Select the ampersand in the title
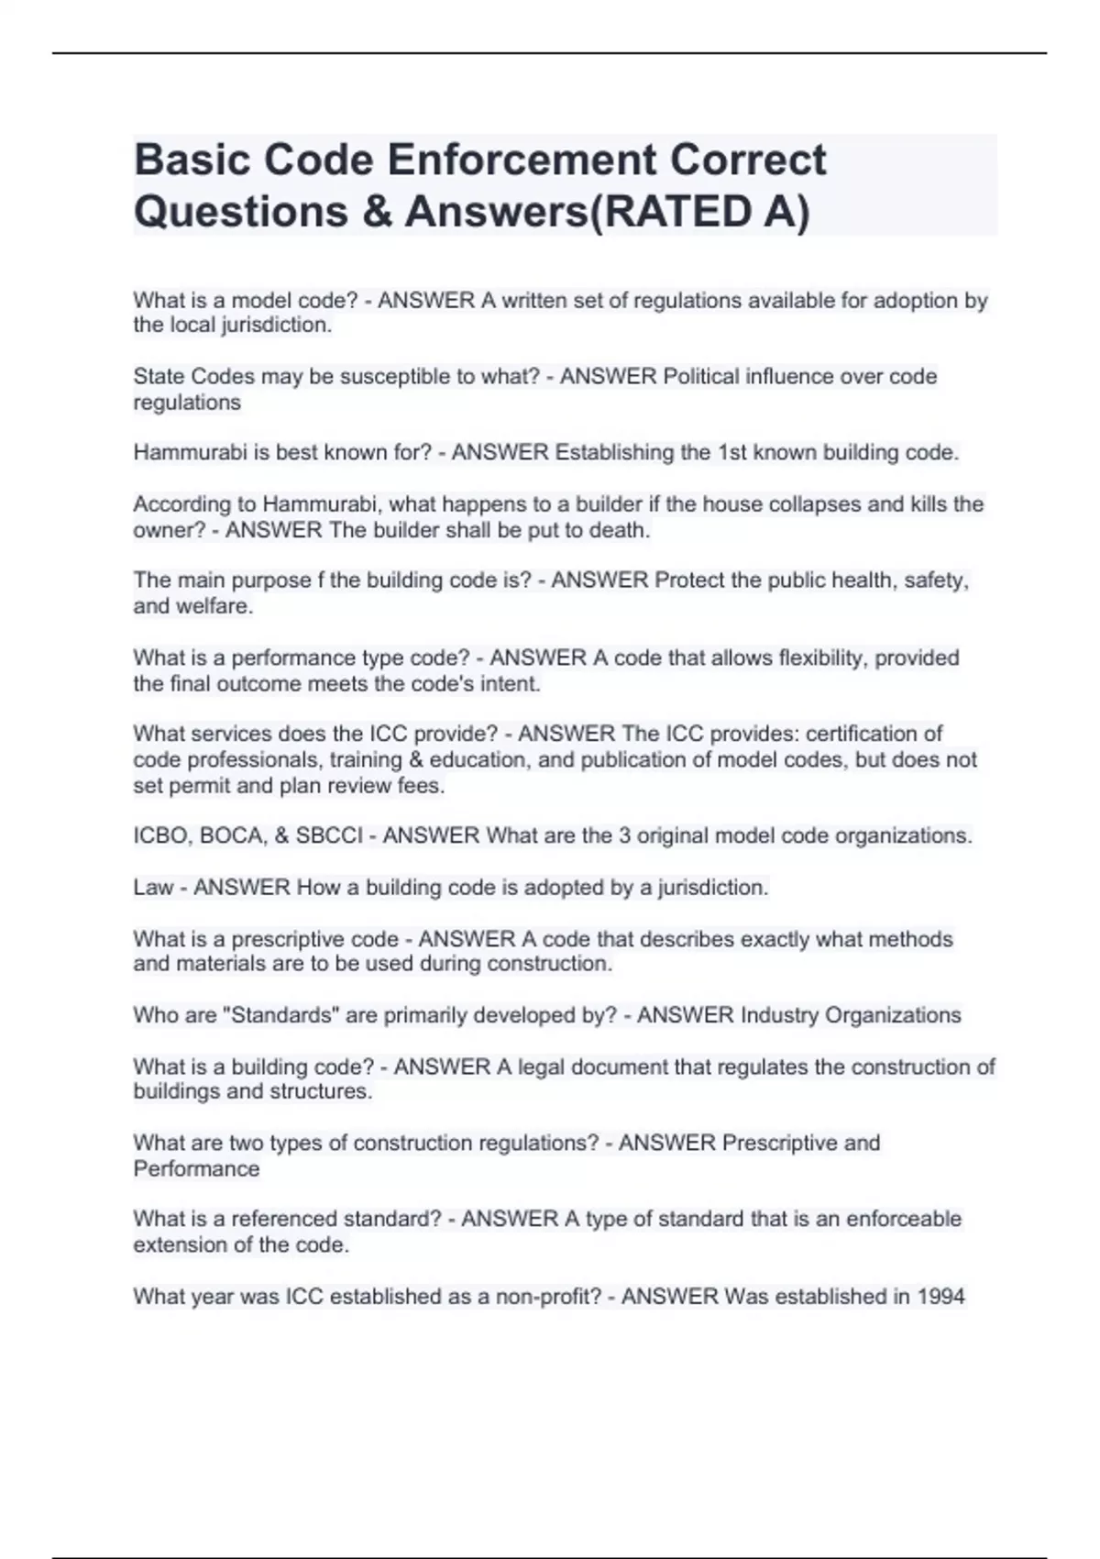pos(376,212)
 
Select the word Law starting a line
pos(153,888)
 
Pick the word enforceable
pos(903,1219)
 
